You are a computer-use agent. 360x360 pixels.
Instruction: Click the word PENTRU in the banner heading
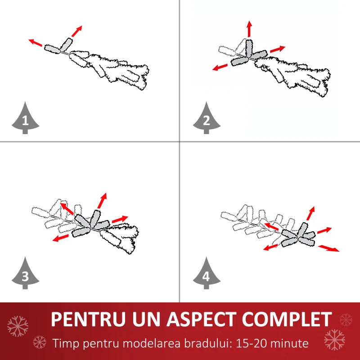tap(88, 319)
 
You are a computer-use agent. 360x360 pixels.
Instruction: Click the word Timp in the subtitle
tap(66, 344)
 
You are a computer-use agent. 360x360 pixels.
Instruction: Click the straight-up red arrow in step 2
tap(250, 29)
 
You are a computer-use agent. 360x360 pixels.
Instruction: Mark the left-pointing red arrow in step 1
tap(36, 42)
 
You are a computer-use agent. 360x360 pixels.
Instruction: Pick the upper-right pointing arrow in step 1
tap(76, 31)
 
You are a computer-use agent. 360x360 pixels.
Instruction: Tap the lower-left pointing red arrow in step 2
tap(220, 67)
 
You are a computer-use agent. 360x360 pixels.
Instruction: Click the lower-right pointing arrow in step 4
tap(329, 248)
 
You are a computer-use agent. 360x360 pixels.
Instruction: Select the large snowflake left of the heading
tap(18, 326)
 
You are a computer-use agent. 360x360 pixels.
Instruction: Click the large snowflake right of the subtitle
tap(334, 340)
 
